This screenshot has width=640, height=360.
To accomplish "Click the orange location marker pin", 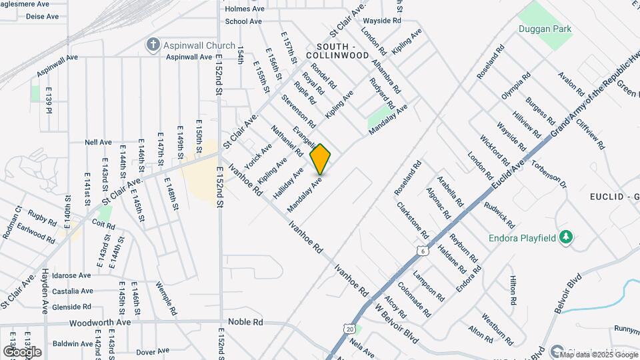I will [x=321, y=159].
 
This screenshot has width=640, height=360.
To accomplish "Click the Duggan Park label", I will [x=545, y=29].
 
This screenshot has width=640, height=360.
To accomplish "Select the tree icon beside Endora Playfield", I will [x=566, y=237].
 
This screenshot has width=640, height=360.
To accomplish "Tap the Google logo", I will [x=22, y=351].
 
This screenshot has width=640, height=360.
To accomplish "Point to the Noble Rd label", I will [x=245, y=321].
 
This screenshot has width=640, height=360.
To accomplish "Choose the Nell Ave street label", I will [x=98, y=142].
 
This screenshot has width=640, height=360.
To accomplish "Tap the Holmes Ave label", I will [x=246, y=9].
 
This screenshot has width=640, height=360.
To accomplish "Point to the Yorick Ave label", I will [x=258, y=155].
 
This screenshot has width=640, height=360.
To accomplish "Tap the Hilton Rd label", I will [x=513, y=291].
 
